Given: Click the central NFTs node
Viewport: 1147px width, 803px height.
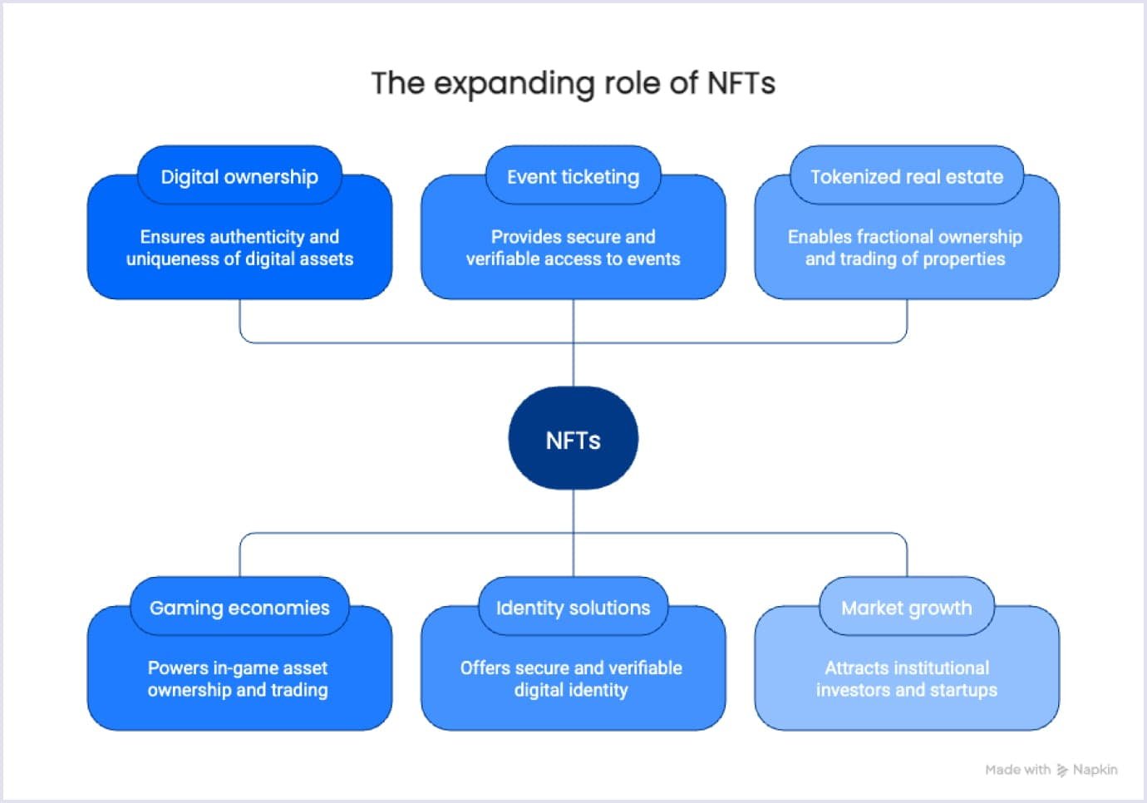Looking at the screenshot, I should click(573, 439).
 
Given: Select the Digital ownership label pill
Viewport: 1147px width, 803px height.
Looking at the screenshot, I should click(239, 176).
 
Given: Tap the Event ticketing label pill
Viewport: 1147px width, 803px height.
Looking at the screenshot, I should click(573, 176).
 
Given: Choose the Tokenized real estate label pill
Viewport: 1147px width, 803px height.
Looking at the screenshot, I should click(906, 176).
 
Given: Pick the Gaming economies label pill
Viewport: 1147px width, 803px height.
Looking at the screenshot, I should click(239, 608).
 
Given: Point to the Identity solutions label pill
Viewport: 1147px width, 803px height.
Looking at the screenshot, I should click(573, 608).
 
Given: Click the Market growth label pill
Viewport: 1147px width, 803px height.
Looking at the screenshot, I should click(906, 608).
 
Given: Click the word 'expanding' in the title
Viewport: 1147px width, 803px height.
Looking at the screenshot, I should click(514, 84).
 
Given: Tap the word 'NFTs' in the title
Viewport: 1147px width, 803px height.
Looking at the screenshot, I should click(741, 83).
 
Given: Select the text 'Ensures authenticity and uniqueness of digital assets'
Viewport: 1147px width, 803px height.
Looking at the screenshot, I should click(239, 248).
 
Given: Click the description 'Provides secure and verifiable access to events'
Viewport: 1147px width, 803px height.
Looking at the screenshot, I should click(573, 248).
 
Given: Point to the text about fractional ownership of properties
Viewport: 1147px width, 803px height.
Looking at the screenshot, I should click(905, 248).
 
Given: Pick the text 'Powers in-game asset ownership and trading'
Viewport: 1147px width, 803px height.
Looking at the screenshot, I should click(238, 678).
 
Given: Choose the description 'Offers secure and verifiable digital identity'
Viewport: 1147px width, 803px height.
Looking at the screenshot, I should click(571, 678).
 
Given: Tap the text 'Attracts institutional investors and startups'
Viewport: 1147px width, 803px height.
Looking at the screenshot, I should click(906, 678).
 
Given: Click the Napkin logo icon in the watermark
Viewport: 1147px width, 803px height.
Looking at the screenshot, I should click(1062, 771).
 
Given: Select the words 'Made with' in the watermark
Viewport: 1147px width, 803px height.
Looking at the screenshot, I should click(1017, 770).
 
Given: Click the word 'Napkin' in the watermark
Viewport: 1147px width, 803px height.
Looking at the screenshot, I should click(1095, 770).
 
